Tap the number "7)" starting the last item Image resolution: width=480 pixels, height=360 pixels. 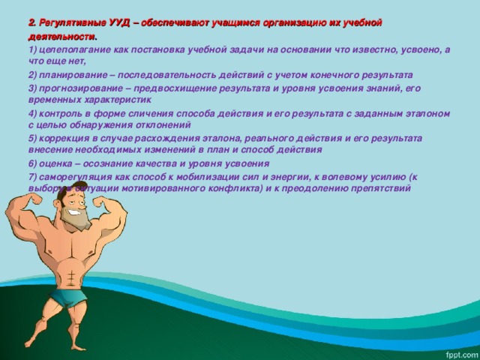tap(32, 176)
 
